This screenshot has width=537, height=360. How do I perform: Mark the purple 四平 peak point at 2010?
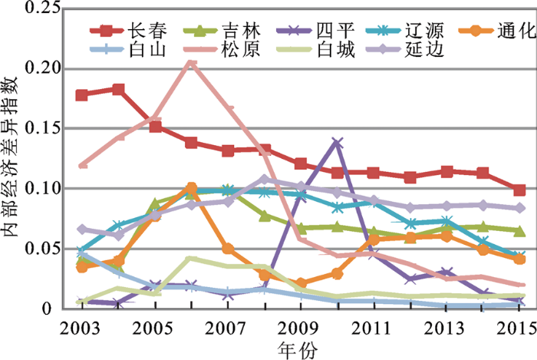pyautogui.click(x=337, y=142)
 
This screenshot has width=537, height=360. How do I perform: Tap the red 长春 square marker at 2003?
pyautogui.click(x=82, y=95)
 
